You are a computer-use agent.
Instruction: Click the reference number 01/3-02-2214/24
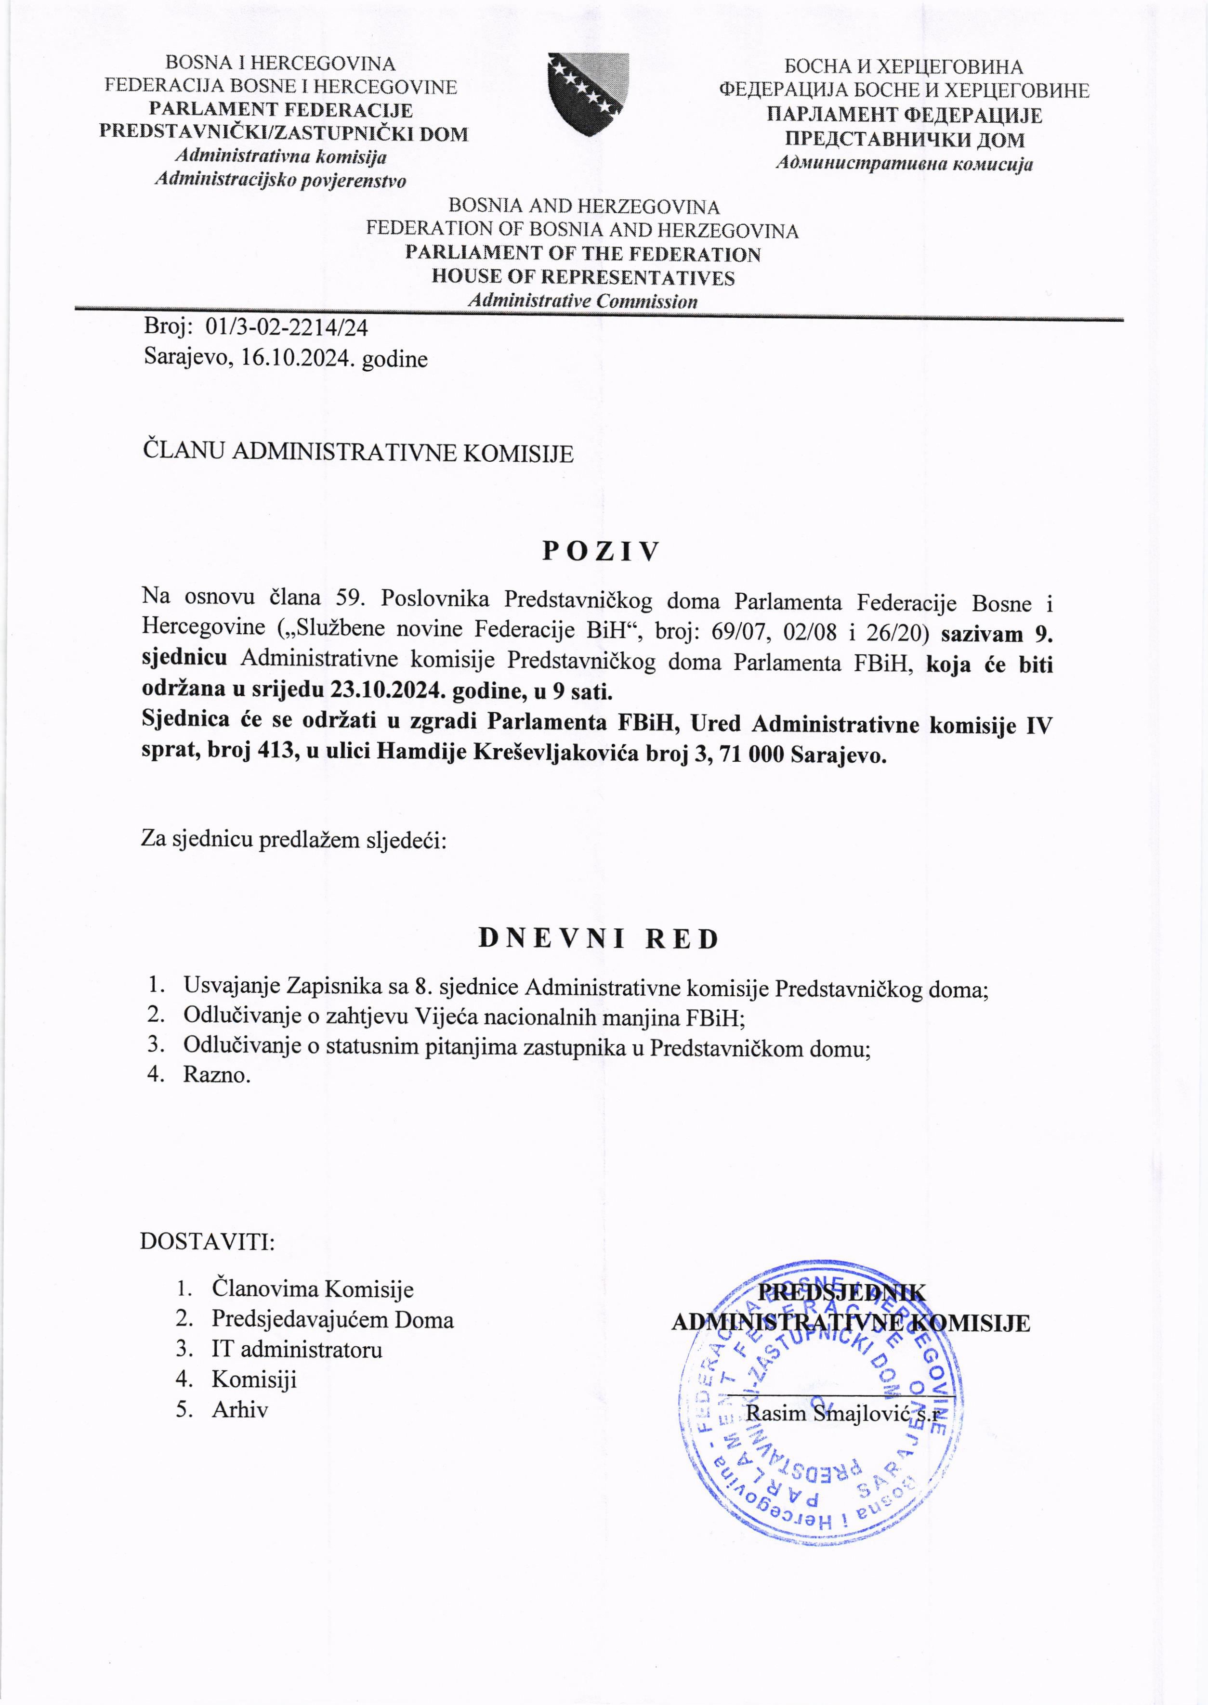[287, 327]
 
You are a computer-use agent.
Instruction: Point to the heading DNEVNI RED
[599, 939]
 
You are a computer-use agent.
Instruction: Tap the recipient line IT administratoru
[297, 1349]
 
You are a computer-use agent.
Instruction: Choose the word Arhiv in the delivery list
[239, 1409]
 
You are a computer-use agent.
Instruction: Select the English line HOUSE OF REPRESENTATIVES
[583, 277]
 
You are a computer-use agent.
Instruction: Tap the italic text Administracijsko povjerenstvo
[280, 180]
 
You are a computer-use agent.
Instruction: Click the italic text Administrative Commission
[582, 301]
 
